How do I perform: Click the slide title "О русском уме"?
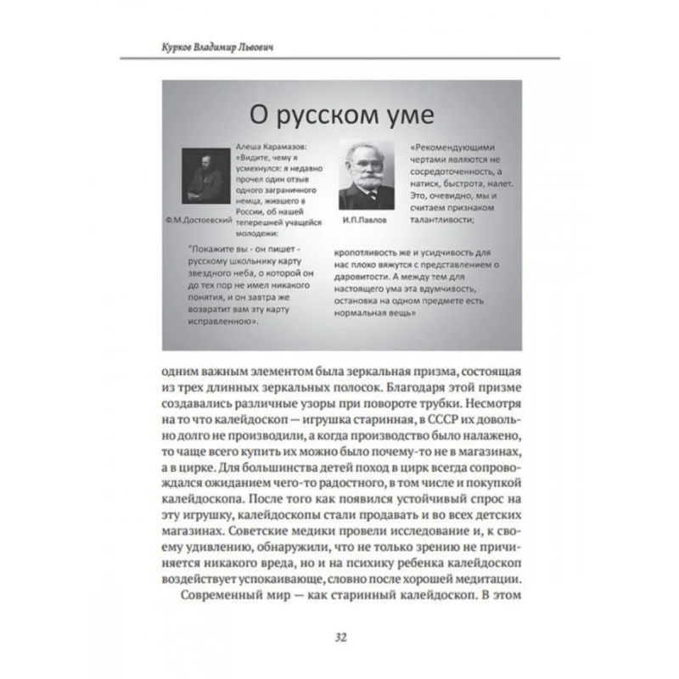tap(338, 112)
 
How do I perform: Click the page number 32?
tap(339, 637)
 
